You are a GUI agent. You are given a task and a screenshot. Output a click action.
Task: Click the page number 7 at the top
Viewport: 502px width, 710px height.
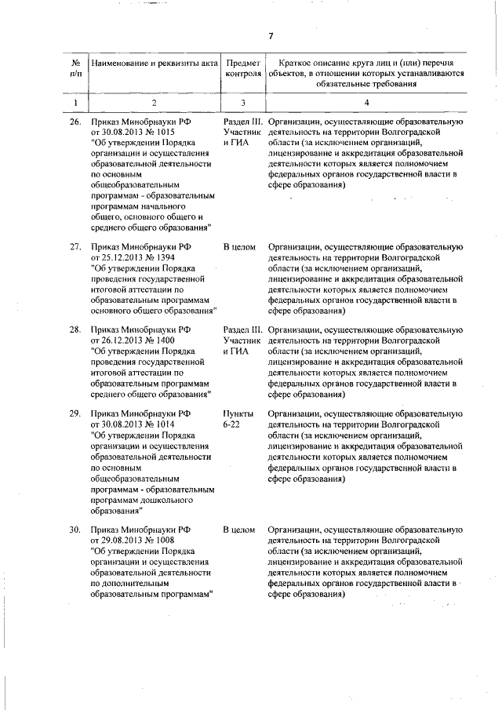pyautogui.click(x=269, y=36)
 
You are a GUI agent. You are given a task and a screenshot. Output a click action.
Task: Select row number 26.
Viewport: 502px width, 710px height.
pyautogui.click(x=75, y=123)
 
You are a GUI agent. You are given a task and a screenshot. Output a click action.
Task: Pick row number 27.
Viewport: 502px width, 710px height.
pyautogui.click(x=75, y=247)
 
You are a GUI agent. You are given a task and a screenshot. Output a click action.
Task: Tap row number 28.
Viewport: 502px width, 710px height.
pyautogui.click(x=75, y=330)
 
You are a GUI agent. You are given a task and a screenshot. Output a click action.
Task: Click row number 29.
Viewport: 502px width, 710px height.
pyautogui.click(x=75, y=413)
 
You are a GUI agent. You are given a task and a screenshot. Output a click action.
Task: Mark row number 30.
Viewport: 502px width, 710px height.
pyautogui.click(x=75, y=530)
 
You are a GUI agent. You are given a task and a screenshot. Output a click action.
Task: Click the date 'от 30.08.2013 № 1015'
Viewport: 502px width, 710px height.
pyautogui.click(x=133, y=133)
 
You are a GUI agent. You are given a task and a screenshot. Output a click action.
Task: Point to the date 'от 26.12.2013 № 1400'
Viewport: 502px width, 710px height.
pyautogui.click(x=133, y=340)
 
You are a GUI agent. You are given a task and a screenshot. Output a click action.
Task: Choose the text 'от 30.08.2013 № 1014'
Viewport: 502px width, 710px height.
pyautogui.click(x=133, y=424)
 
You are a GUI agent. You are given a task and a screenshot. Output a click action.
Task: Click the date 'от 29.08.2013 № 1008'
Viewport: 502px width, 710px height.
pyautogui.click(x=133, y=541)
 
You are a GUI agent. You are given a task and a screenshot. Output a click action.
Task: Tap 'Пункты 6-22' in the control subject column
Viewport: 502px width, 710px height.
pyautogui.click(x=238, y=418)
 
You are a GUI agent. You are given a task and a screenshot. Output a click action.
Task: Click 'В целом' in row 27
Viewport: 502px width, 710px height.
pyautogui.click(x=239, y=247)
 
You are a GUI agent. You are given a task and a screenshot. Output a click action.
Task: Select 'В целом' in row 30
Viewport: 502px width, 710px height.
pyautogui.click(x=239, y=530)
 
